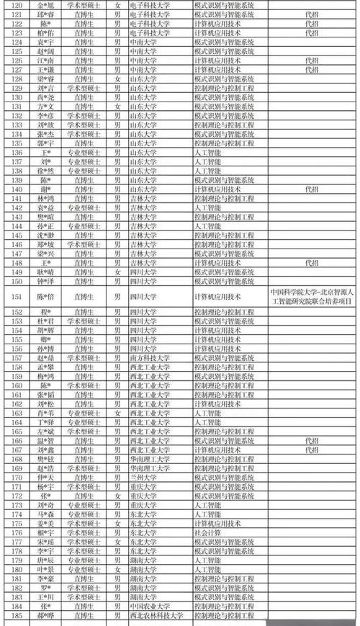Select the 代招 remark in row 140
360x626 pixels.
pyautogui.click(x=311, y=188)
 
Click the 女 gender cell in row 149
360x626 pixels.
pyautogui.click(x=117, y=272)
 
